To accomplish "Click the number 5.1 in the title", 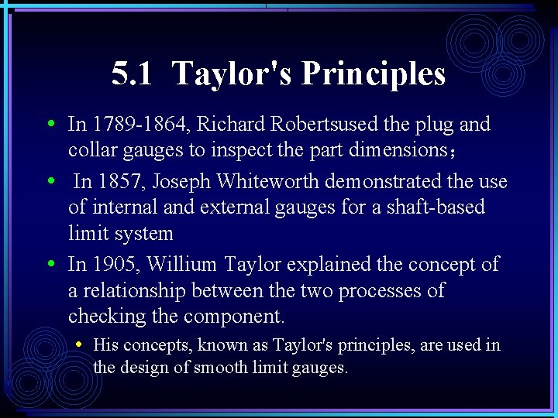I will point(133,74).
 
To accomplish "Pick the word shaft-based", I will point(439,207).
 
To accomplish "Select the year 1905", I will point(115,265).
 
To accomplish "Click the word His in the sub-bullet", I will point(105,345).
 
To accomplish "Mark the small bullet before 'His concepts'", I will point(80,343).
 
